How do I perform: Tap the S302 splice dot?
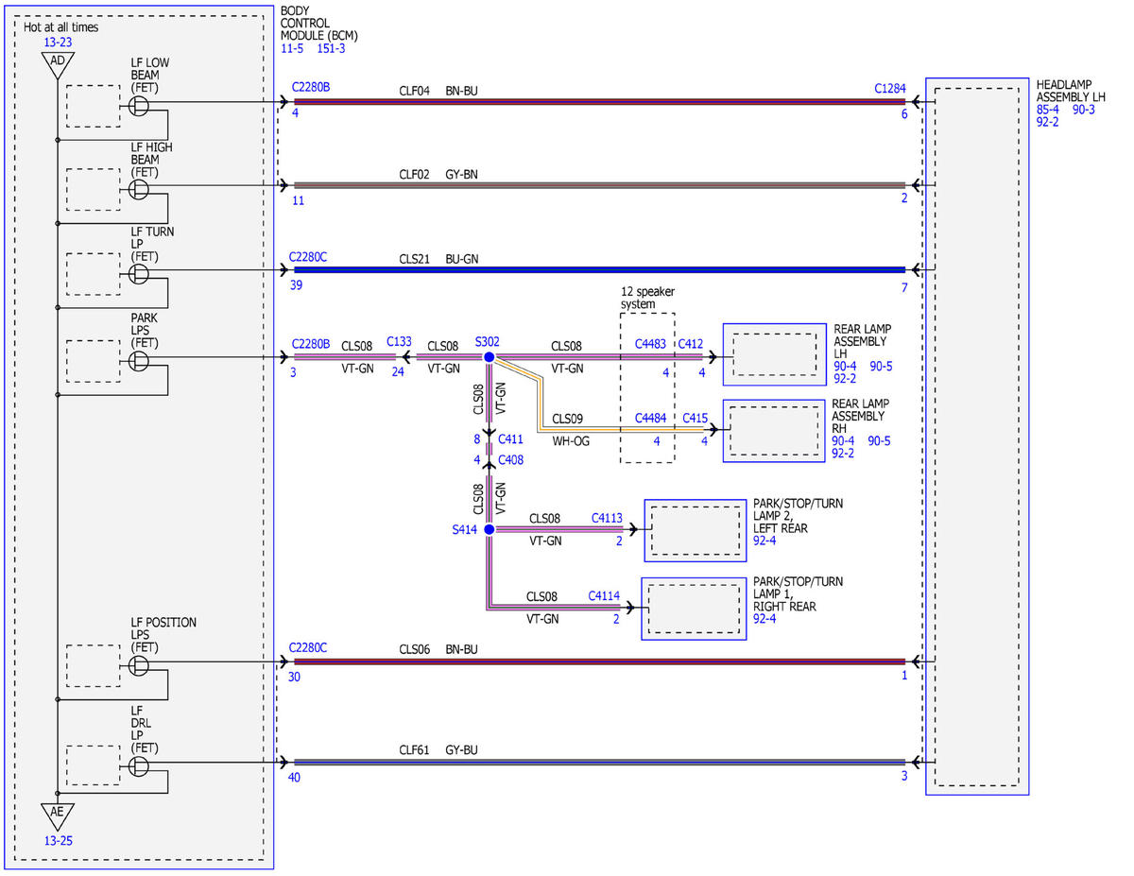click(x=489, y=357)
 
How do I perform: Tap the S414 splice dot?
click(x=489, y=529)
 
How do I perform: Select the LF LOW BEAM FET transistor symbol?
click(x=139, y=107)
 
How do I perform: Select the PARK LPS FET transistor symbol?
click(x=139, y=361)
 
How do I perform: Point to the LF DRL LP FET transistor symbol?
click(x=139, y=766)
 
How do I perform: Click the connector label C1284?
click(x=890, y=89)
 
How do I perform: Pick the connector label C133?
click(x=399, y=342)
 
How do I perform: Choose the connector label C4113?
click(x=607, y=518)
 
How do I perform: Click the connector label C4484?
click(x=650, y=418)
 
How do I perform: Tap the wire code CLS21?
click(x=414, y=259)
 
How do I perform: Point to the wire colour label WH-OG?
click(x=571, y=441)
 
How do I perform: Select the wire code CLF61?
click(x=414, y=750)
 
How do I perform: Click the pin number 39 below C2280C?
click(x=296, y=285)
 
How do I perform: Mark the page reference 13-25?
click(x=58, y=841)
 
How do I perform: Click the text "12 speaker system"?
click(x=647, y=298)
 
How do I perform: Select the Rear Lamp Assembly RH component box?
click(x=773, y=431)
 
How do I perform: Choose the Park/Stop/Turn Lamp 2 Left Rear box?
click(x=696, y=531)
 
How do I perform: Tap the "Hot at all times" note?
click(x=60, y=27)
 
